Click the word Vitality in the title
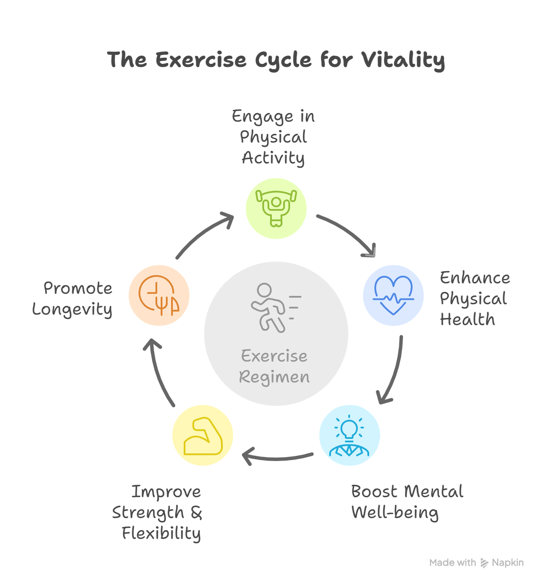pos(403,60)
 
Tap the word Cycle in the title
pos(283,60)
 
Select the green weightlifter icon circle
pos(276,208)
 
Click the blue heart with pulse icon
pos(393,295)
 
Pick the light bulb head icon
pos(349,435)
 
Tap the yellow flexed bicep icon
pos(203,435)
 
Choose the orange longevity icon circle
pos(159,295)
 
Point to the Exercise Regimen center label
pos(274,366)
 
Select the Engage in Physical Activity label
pos(274,137)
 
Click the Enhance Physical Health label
pos(474,299)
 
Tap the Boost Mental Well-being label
pos(407,502)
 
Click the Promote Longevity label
pos(73,299)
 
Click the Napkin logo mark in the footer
pos(484,563)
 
